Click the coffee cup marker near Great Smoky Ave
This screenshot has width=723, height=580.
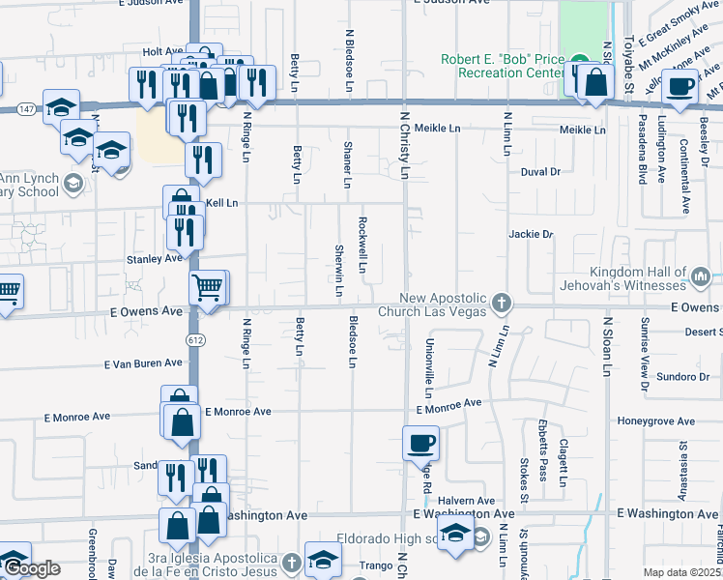pos(680,85)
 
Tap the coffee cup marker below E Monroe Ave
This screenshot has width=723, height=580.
pos(420,444)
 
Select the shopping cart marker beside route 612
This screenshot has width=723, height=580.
pos(208,287)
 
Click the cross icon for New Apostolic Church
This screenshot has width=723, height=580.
pos(501,304)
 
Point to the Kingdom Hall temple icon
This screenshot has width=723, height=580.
pos(702,279)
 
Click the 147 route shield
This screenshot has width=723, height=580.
pos(26,109)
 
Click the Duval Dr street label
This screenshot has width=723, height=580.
pos(540,171)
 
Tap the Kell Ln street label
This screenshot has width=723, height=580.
pos(220,204)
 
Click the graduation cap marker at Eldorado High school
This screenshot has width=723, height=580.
pos(454,533)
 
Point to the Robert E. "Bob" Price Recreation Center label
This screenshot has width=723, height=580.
pos(502,66)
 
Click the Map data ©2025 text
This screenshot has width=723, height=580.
pos(682,572)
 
